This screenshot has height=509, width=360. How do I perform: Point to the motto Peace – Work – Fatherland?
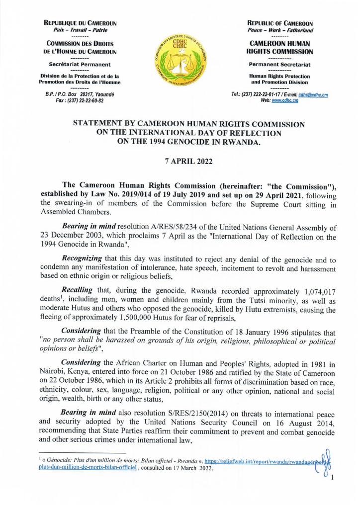(280, 30)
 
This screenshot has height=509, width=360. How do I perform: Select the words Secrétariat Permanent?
(80, 65)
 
